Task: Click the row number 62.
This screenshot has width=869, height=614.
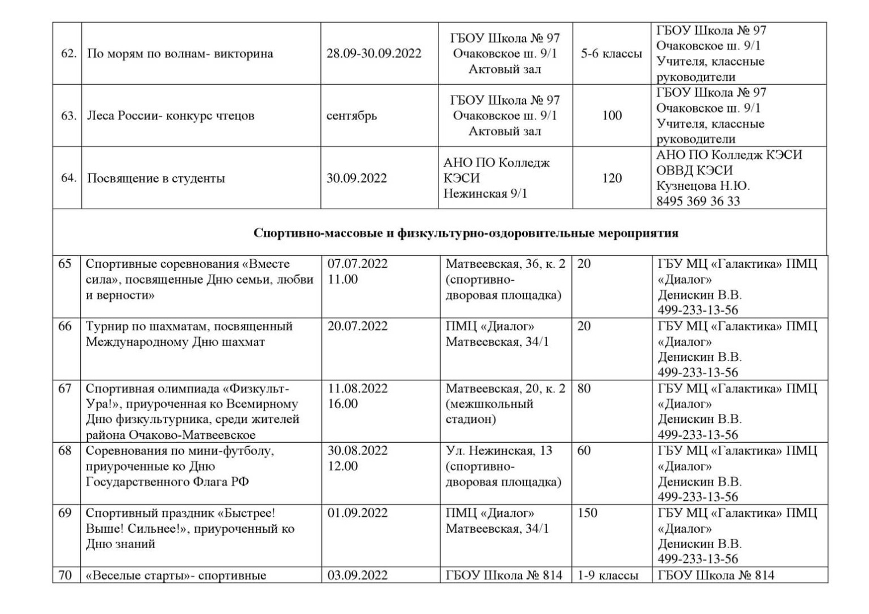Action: pos(68,54)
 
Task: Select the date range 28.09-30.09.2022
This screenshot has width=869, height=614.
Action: pos(374,54)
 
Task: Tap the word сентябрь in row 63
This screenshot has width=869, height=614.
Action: pos(351,116)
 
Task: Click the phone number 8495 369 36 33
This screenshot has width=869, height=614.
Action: pos(698,201)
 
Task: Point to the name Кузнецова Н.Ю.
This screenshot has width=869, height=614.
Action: pos(703,186)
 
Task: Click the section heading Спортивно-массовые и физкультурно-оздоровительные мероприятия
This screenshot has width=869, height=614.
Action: pos(465,233)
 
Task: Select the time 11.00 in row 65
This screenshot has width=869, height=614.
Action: pos(343,279)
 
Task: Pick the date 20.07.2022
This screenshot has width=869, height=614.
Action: pos(357,326)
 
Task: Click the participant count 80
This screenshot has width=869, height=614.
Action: pos(584,388)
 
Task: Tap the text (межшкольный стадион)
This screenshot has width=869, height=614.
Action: pos(489,412)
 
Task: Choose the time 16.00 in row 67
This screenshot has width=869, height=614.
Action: pos(343,404)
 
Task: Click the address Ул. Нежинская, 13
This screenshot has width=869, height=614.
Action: pos(499,451)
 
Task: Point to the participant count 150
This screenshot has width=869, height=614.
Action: pos(587,513)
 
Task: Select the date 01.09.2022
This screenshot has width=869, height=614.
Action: pos(357,513)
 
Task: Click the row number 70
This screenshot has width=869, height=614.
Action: pos(65,575)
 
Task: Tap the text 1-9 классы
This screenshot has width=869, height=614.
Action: pos(608,575)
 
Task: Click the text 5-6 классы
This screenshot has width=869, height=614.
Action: pos(611,54)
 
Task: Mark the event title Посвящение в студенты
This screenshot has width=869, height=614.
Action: pos(156,179)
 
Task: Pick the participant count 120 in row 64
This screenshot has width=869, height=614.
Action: pos(612,179)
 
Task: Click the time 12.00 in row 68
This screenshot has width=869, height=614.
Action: pos(343,466)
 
